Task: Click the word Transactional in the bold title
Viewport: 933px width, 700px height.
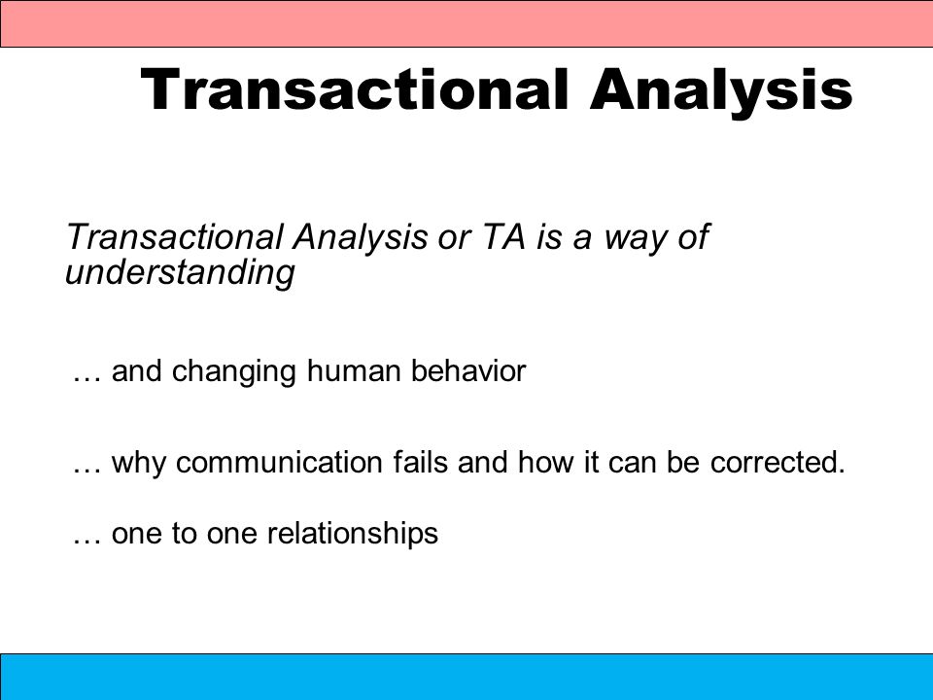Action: click(354, 89)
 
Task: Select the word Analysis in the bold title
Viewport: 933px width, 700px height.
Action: click(721, 93)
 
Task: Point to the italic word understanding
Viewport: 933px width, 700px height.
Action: click(180, 272)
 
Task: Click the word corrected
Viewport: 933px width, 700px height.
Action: click(777, 463)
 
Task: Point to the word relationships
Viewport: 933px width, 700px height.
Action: click(352, 535)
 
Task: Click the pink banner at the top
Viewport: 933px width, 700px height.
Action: click(466, 23)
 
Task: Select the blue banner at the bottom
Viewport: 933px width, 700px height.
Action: click(466, 677)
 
